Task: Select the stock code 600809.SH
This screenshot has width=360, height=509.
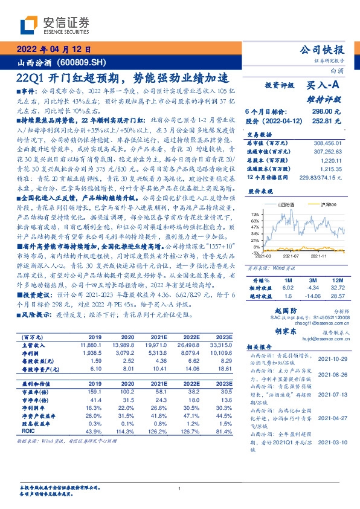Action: [x=84, y=62]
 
